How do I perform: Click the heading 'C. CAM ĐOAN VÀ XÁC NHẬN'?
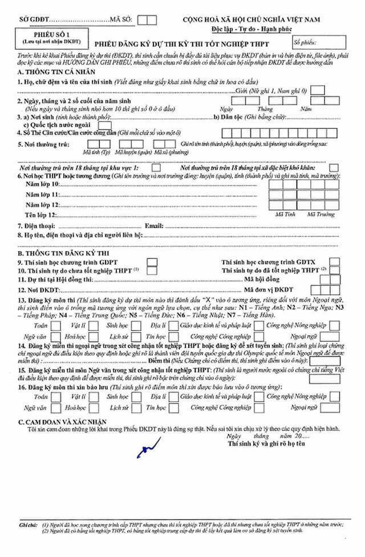(x=61, y=420)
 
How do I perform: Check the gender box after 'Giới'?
(x=318, y=90)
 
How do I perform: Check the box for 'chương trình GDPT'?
(x=152, y=262)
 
